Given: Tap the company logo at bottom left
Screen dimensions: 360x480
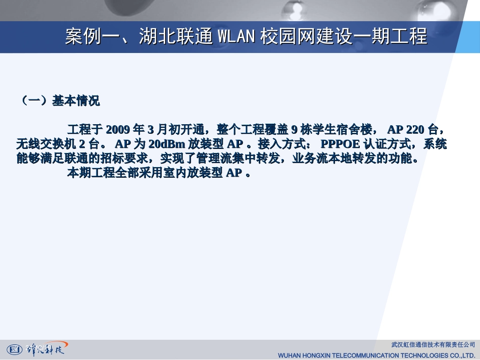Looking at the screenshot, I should tap(35, 348).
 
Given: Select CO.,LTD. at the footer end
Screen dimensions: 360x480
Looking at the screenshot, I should tap(461, 355).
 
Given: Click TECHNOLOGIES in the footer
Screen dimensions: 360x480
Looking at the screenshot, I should tap(426, 355).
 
